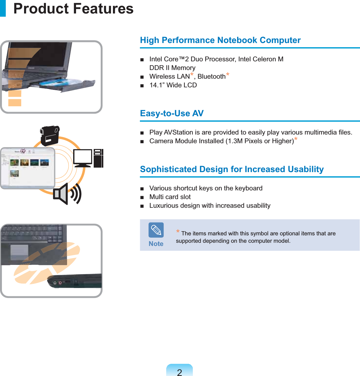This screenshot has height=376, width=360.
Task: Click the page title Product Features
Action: (x=73, y=9)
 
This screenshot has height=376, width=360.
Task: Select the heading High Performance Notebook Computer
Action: (x=220, y=40)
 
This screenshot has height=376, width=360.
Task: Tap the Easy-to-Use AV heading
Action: (x=172, y=113)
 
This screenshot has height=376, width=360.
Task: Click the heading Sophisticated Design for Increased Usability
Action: (x=232, y=169)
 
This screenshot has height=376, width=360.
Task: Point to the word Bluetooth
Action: (x=211, y=76)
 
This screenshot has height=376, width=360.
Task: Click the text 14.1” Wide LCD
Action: (x=173, y=85)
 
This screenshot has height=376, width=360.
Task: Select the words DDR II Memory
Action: (x=172, y=68)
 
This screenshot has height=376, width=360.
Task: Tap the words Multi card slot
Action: (x=170, y=197)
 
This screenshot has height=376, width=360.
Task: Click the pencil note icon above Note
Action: (x=156, y=230)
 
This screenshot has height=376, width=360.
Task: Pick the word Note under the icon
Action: (x=156, y=244)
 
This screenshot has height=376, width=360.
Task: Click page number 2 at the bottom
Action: (x=179, y=372)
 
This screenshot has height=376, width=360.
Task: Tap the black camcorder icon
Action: (x=50, y=136)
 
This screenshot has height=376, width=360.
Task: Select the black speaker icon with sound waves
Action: (x=67, y=194)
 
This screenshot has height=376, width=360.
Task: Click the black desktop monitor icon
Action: (x=83, y=158)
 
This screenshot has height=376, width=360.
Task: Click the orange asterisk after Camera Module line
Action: (x=296, y=139)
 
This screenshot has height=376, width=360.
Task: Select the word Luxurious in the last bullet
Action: (x=164, y=205)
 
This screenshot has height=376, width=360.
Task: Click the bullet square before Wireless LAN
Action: (x=142, y=77)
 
